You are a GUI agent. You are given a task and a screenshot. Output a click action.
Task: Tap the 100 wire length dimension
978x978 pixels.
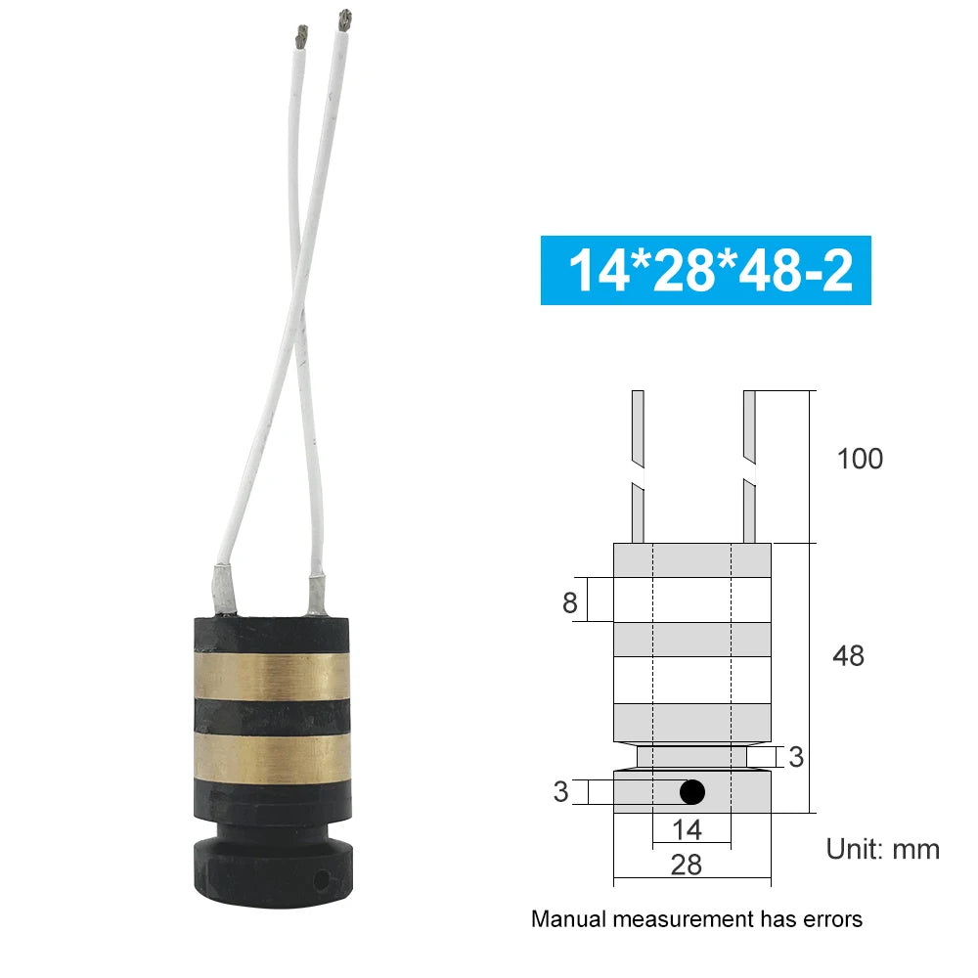click(x=860, y=459)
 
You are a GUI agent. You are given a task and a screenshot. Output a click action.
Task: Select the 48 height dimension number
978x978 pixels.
click(x=847, y=655)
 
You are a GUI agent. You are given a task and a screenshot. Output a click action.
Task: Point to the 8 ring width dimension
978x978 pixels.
click(x=570, y=602)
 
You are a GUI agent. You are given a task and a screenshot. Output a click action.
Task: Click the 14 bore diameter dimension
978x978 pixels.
click(x=688, y=830)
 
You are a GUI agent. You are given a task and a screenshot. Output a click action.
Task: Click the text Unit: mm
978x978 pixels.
click(x=882, y=848)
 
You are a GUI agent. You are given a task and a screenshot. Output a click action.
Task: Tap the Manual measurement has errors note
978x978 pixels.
click(x=696, y=919)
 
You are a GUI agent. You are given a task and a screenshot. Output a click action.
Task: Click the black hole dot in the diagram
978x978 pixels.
click(x=692, y=791)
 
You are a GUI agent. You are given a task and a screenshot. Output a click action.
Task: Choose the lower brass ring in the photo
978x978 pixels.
click(x=271, y=755)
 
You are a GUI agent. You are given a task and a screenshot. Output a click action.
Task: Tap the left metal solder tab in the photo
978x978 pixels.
click(x=221, y=591)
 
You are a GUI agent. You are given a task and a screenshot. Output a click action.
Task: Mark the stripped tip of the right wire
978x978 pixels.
click(x=343, y=19)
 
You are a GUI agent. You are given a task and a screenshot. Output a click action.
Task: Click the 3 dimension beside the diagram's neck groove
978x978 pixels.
click(x=796, y=756)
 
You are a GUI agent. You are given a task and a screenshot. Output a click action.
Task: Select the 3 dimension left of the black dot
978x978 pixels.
click(x=560, y=791)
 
